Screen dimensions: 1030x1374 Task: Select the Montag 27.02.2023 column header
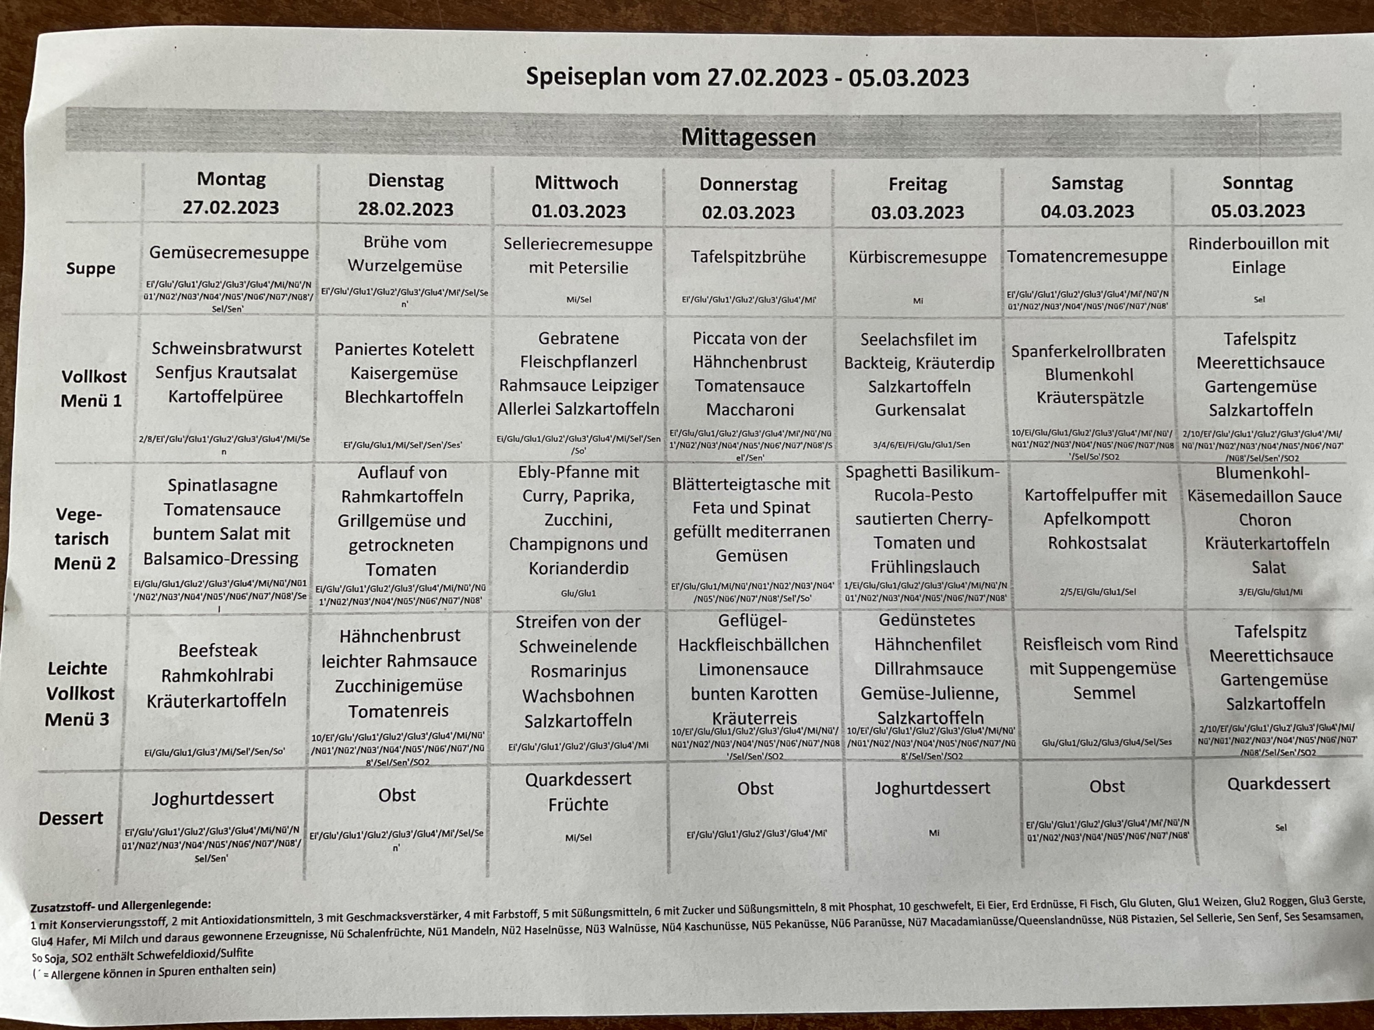(231, 193)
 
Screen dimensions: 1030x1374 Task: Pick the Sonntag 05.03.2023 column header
(1257, 196)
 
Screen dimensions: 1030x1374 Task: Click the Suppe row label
(91, 268)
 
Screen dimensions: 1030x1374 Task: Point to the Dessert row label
(71, 819)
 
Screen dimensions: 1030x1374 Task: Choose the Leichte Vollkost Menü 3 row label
(80, 694)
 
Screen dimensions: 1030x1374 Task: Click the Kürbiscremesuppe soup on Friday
(917, 257)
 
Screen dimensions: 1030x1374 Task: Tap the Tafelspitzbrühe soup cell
(748, 256)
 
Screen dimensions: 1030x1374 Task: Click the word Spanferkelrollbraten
(1088, 352)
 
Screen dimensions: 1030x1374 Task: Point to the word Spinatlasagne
(223, 485)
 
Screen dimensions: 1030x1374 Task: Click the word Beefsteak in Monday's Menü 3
(218, 651)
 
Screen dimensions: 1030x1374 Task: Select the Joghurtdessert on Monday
(213, 798)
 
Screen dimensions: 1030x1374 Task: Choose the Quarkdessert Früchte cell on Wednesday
(578, 791)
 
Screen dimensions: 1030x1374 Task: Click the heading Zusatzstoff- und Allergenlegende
(120, 905)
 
